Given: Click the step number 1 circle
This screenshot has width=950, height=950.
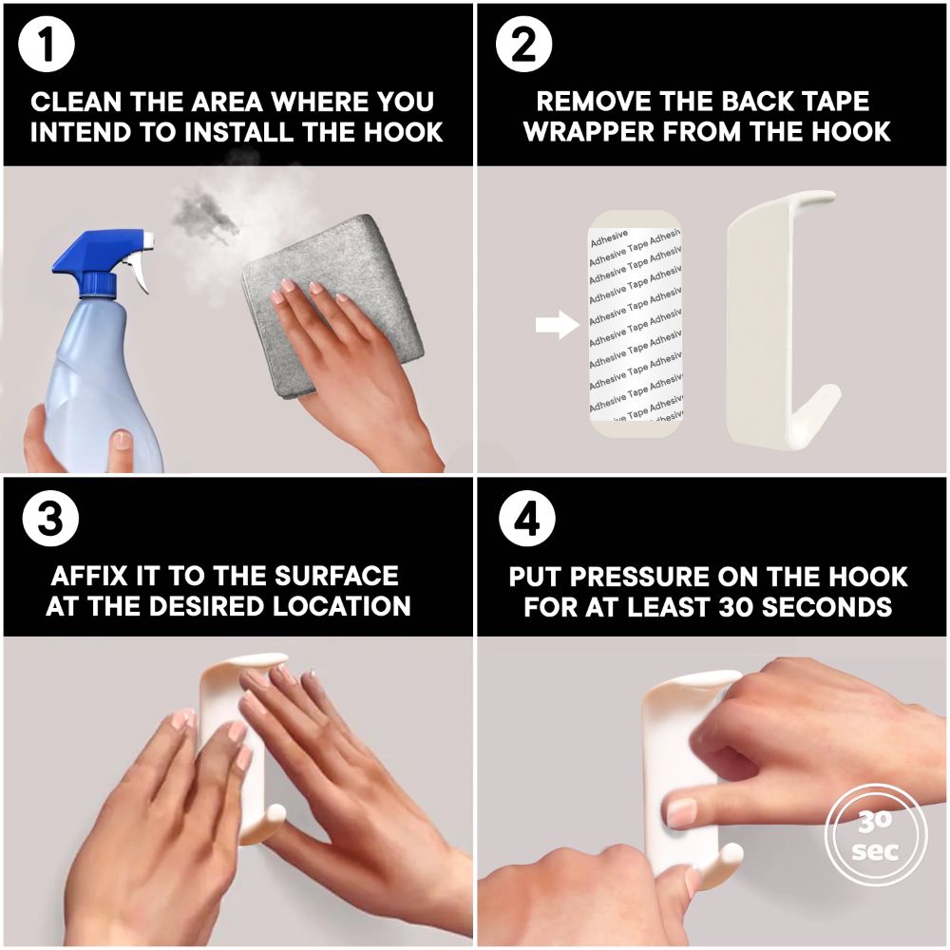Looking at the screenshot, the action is coord(46,46).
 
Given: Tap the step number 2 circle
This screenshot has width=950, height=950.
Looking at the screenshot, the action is coord(523,45).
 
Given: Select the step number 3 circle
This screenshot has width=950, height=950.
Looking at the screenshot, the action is coord(50,519).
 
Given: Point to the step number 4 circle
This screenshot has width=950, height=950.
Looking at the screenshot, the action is coord(527,519).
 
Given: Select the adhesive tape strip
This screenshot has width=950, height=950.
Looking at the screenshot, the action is coord(635,324).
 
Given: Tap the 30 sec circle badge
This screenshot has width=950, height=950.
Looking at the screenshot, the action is coord(876,836).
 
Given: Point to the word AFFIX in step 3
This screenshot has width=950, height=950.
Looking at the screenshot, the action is coord(89,576).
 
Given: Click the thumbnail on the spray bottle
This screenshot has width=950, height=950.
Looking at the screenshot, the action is coord(122,439).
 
